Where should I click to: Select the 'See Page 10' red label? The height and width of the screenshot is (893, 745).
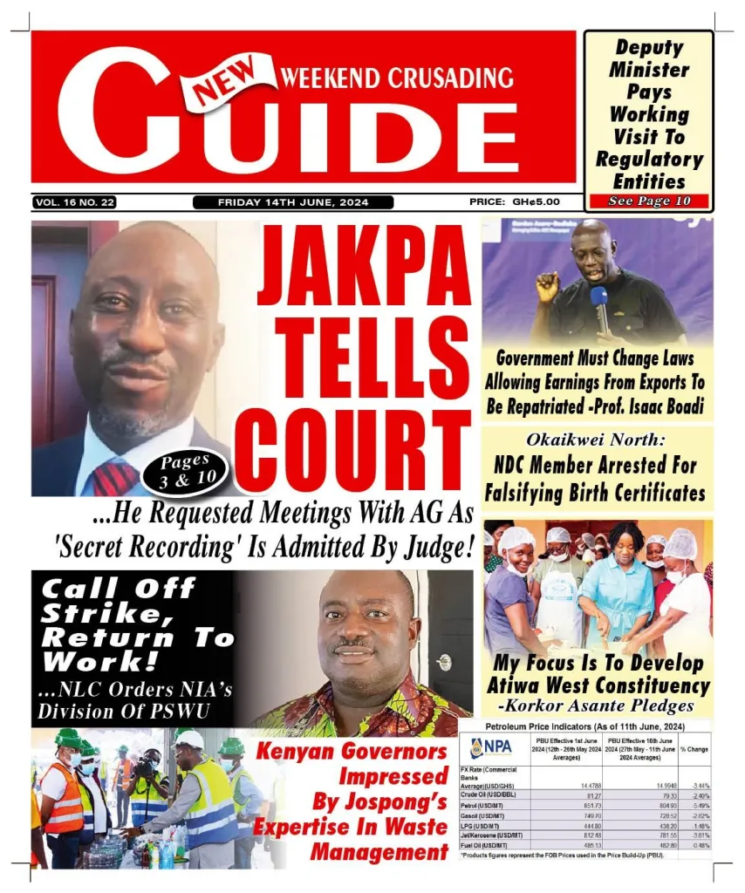pyautogui.click(x=649, y=201)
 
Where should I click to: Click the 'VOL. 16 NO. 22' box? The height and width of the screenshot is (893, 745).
pyautogui.click(x=75, y=202)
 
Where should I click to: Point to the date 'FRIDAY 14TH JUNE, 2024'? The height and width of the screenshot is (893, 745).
pyautogui.click(x=293, y=202)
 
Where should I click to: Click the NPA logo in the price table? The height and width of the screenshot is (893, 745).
pyautogui.click(x=491, y=747)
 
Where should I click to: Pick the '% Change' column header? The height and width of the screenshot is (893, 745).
pyautogui.click(x=694, y=749)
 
